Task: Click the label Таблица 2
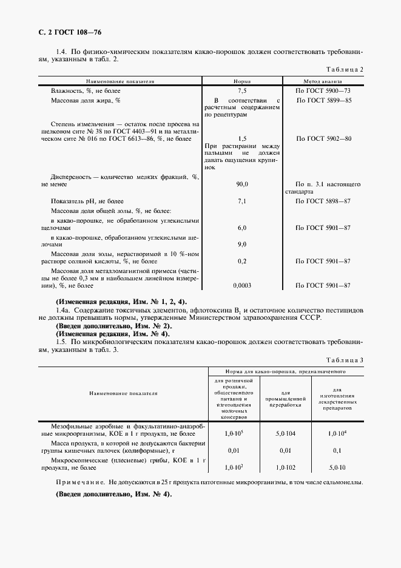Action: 345,70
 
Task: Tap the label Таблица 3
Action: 345,360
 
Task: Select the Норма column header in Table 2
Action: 243,81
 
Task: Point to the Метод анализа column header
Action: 323,81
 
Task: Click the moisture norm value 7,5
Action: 243,90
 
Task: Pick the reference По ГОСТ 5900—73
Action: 323,90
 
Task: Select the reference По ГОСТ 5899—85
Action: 323,100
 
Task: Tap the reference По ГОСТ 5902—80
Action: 323,139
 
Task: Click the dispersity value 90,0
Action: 243,183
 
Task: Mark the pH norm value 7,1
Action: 243,200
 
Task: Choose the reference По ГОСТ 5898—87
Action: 323,200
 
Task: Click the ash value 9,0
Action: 243,244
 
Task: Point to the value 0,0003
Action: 243,285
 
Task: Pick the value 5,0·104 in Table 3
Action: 286,434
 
